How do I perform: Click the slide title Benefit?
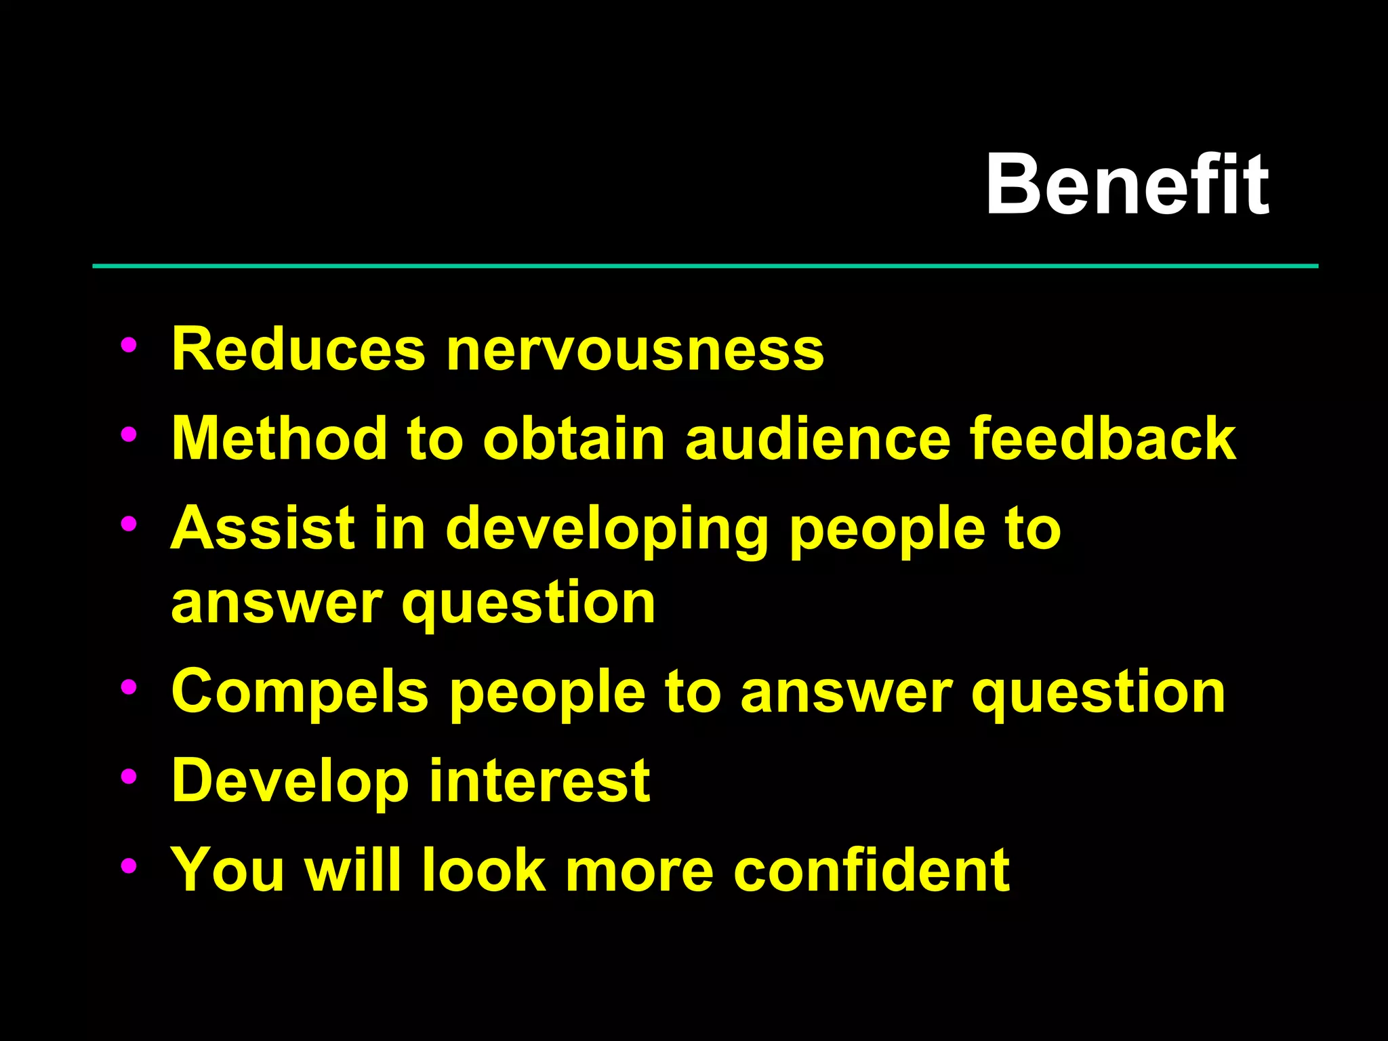click(x=1126, y=184)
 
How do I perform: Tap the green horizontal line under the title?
click(x=705, y=266)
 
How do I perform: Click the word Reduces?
click(x=298, y=349)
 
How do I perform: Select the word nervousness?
click(x=634, y=350)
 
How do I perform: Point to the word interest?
click(x=539, y=781)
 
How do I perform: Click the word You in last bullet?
click(x=227, y=870)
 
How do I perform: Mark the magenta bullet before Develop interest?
click(x=128, y=777)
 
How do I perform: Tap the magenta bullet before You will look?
click(x=128, y=865)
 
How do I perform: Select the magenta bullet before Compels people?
click(x=128, y=687)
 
